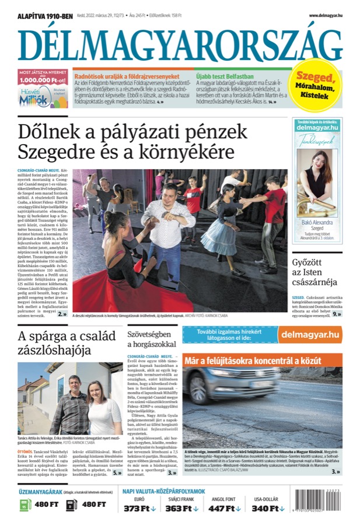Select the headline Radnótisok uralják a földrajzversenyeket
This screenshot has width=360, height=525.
pyautogui.click(x=127, y=76)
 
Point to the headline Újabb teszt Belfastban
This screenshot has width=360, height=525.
pyautogui.click(x=225, y=76)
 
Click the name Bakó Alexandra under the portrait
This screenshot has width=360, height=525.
pyautogui.click(x=317, y=222)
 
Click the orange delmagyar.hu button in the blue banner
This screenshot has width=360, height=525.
pyautogui.click(x=310, y=334)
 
